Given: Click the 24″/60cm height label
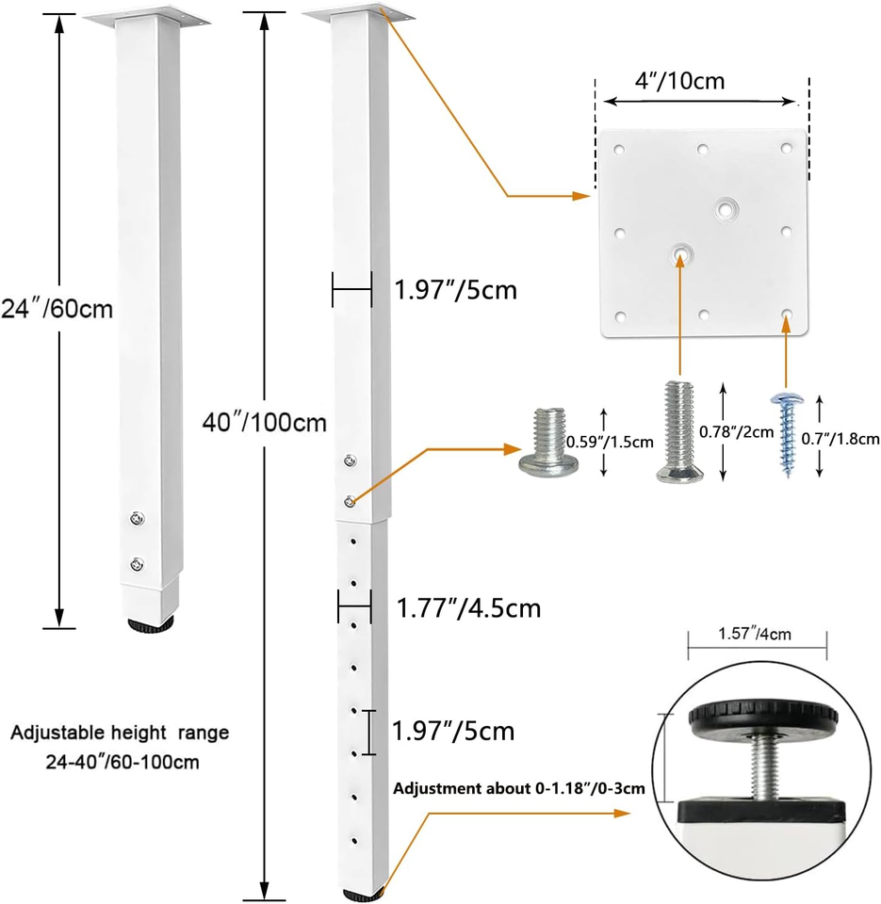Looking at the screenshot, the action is [57, 309].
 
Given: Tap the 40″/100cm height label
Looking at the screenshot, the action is [264, 423].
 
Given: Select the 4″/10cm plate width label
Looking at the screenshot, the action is [679, 81].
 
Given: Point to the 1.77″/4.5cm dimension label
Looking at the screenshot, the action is [468, 608].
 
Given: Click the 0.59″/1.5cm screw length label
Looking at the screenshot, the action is [610, 443].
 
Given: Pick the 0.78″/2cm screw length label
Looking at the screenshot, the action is [736, 432].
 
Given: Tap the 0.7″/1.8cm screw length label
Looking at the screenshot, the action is [840, 440].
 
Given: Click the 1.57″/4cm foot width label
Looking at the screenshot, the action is [755, 634].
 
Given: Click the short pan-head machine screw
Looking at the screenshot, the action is [548, 443].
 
